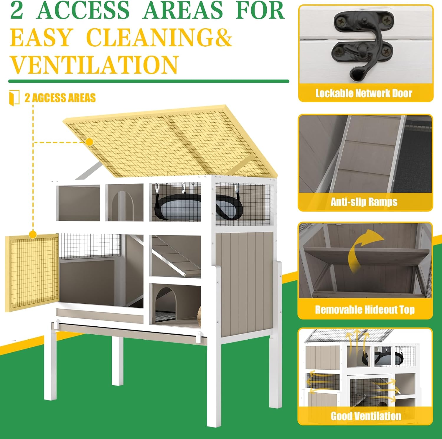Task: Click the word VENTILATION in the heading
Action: point(94,65)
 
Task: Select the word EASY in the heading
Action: point(41,37)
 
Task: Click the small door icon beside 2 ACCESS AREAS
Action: point(14,98)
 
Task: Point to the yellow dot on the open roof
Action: point(89,142)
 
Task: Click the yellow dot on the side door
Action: point(33,235)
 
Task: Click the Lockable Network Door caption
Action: point(364,93)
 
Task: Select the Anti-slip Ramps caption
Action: point(364,202)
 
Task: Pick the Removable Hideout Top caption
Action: point(365,310)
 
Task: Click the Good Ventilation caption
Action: point(366,416)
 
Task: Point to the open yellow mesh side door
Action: point(32,273)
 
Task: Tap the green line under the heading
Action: point(149,81)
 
